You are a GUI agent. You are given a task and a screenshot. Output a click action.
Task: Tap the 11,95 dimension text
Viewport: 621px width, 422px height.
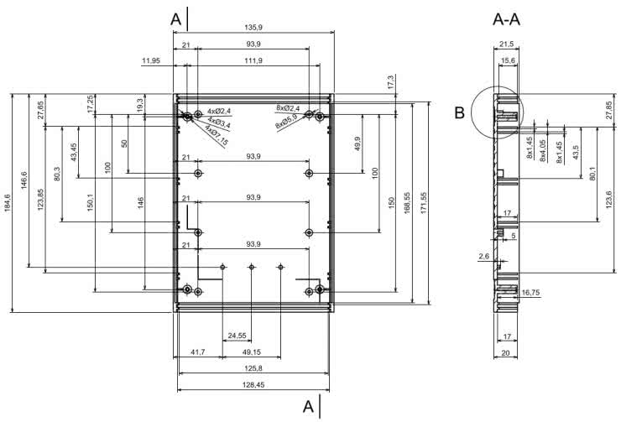click(152, 61)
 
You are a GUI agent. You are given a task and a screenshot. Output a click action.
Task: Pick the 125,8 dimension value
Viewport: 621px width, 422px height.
click(253, 367)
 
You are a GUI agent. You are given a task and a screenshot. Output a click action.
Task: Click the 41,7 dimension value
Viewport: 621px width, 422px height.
click(197, 352)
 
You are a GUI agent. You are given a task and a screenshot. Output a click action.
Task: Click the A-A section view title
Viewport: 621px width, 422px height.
click(505, 18)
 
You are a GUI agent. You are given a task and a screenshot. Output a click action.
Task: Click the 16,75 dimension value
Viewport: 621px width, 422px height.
click(530, 293)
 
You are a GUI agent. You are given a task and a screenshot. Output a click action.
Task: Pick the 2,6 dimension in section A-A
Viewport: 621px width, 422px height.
click(483, 256)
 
